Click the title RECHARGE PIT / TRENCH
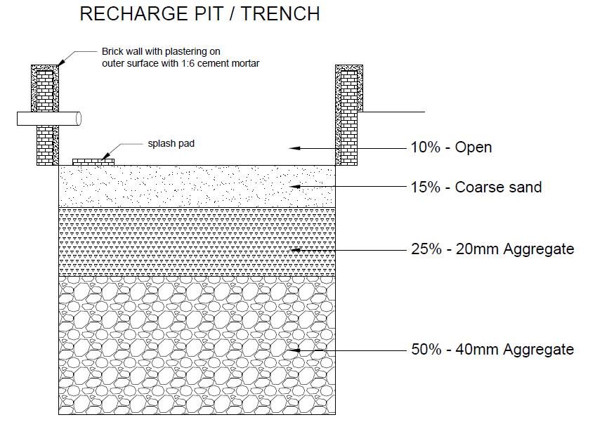(200, 14)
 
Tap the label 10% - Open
(451, 147)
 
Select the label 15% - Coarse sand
(476, 187)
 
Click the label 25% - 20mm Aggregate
(492, 249)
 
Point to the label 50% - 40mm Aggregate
(492, 350)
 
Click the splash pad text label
(171, 143)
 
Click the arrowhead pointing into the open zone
(295, 148)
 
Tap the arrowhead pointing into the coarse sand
(295, 187)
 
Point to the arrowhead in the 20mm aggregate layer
(295, 249)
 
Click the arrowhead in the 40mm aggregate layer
(295, 350)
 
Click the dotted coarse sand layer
(197, 187)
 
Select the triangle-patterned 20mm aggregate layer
(197, 242)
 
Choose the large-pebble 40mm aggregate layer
(197, 344)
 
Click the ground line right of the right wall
(393, 112)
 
